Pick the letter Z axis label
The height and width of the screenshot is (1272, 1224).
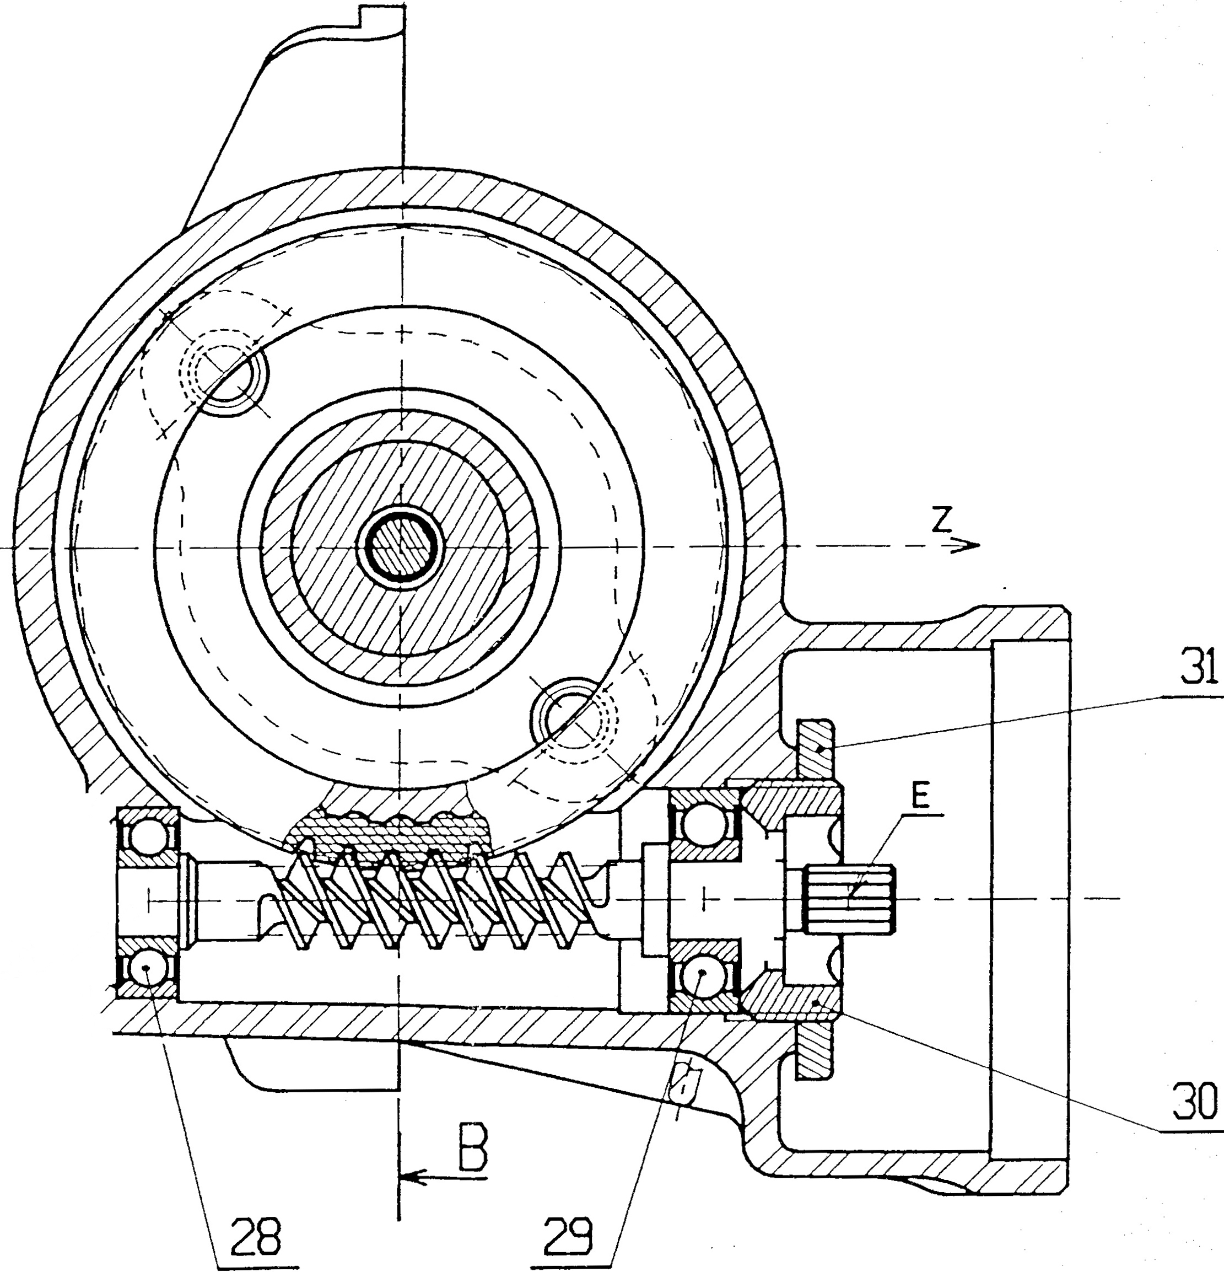[941, 520]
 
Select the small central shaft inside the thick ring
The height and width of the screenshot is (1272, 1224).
[403, 548]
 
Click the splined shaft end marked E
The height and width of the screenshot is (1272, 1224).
[850, 899]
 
